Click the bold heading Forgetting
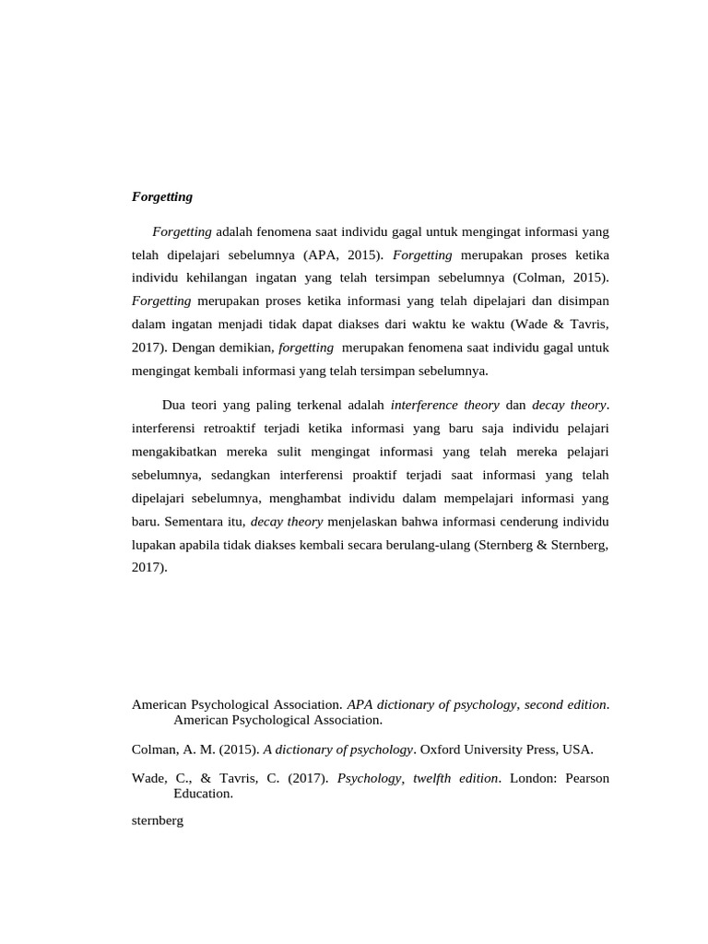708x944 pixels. tap(162, 196)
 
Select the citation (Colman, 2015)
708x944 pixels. tap(561, 277)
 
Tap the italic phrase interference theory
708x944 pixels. tap(445, 405)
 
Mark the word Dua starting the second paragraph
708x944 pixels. tap(173, 405)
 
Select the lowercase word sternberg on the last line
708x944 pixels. tap(158, 820)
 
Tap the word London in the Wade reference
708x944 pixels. tap(536, 778)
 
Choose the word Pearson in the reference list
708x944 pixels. tap(587, 778)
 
